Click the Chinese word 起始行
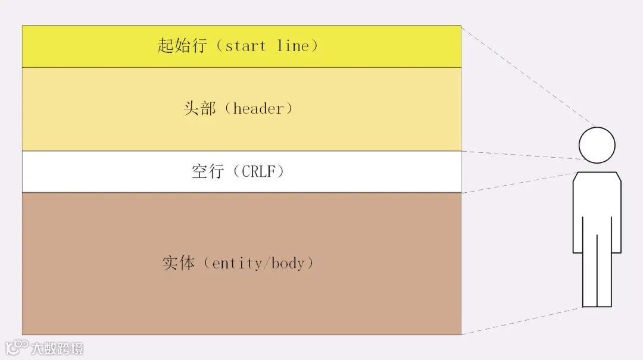(x=182, y=46)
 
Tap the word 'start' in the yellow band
(x=245, y=46)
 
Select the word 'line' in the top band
(x=292, y=46)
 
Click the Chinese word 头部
(x=199, y=109)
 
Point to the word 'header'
(x=258, y=109)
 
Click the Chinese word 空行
(x=207, y=172)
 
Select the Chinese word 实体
(x=179, y=263)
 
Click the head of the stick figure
(x=597, y=145)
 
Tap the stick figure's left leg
(x=589, y=271)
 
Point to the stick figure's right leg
(x=604, y=271)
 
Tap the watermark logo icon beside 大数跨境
(x=17, y=346)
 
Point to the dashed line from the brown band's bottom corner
(x=524, y=320)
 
